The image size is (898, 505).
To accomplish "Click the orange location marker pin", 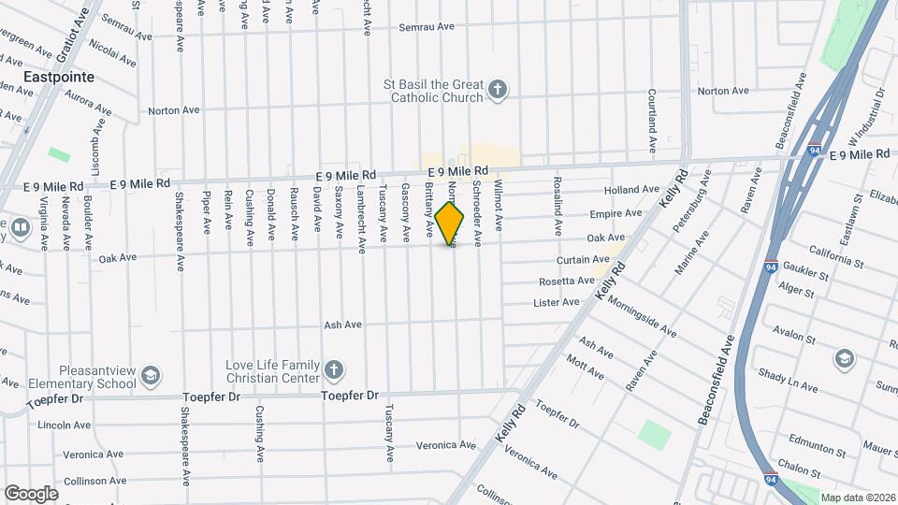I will click(450, 224).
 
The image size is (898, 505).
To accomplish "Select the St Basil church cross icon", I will click(498, 91).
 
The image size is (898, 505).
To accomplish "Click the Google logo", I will click(31, 493).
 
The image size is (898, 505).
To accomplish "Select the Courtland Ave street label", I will click(651, 121).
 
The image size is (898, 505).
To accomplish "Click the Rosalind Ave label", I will click(558, 205).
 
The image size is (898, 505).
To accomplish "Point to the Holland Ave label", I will click(632, 189).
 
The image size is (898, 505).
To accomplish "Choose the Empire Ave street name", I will click(620, 213).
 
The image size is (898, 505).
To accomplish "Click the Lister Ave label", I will click(557, 302).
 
